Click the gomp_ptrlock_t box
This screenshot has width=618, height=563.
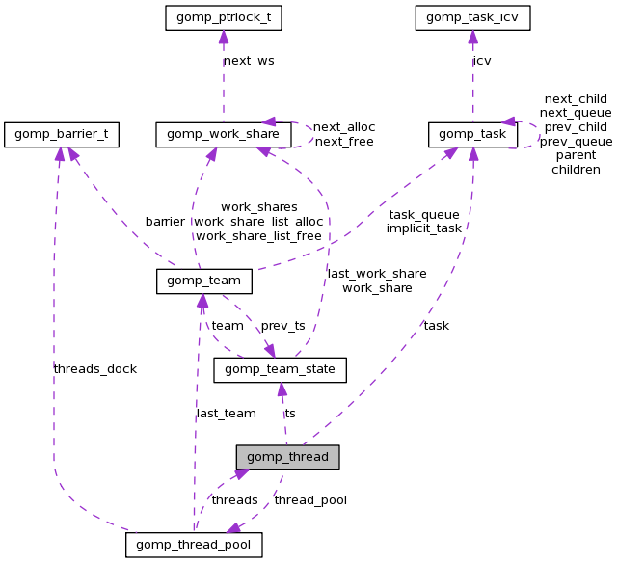point(223,17)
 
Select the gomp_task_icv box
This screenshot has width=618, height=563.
point(472,17)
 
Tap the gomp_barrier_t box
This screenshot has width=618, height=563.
point(61,135)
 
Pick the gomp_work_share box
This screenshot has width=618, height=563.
point(224,135)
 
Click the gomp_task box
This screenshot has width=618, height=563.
point(472,135)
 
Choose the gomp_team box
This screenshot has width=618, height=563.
point(203,281)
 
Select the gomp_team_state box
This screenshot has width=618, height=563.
point(280,369)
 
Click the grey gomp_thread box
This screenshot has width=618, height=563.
point(288,457)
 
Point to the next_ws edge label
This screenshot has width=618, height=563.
point(249,61)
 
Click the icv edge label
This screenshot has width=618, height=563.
point(482,61)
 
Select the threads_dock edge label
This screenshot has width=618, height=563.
point(95,369)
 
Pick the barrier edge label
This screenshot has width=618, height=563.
point(165,222)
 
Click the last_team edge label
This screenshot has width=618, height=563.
point(226,414)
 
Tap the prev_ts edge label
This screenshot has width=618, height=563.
point(283,326)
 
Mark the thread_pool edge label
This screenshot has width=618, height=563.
point(310,500)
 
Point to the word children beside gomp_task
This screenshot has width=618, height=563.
point(576,170)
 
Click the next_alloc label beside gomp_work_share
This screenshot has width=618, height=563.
point(344,127)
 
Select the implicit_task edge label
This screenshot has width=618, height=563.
point(424,228)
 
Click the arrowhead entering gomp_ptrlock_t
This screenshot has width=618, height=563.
point(224,38)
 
